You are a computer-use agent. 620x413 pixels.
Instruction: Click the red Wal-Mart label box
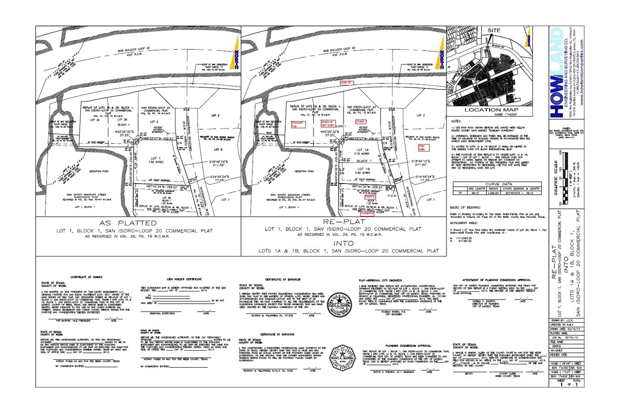(422, 148)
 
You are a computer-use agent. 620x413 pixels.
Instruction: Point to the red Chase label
(360, 122)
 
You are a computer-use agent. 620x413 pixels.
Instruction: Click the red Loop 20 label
(345, 83)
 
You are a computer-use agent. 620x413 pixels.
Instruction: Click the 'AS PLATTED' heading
(138, 223)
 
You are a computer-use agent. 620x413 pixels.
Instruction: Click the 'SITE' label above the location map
(494, 30)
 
